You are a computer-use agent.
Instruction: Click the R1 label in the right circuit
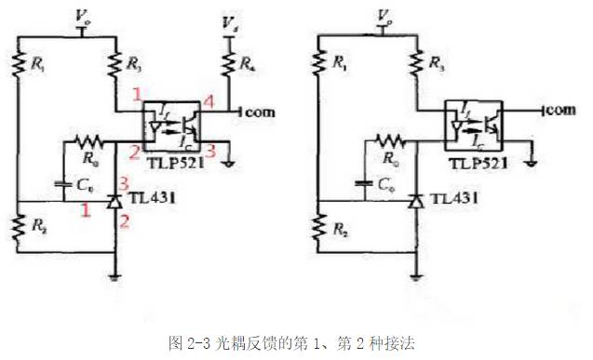(x=339, y=65)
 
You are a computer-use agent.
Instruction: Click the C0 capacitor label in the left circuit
(x=83, y=185)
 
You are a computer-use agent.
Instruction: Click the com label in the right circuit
(x=559, y=112)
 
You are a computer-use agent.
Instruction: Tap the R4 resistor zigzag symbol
(x=225, y=65)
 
